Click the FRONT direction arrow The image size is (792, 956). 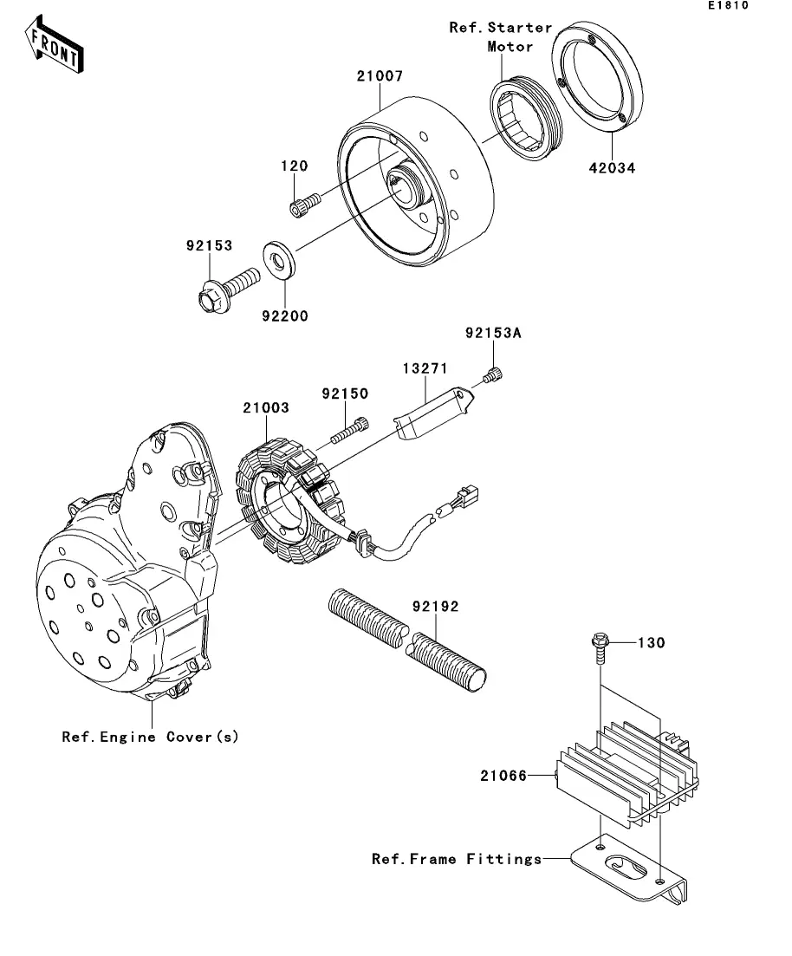pos(54,45)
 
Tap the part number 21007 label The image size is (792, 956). pos(380,76)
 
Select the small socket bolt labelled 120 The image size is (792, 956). pos(304,205)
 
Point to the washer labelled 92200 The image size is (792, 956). pos(279,262)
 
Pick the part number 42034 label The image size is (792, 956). pos(612,168)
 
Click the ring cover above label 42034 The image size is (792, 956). pos(598,77)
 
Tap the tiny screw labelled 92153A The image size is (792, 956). pos(493,376)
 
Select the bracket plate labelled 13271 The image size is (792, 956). pos(433,413)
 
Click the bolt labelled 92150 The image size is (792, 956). pos(350,430)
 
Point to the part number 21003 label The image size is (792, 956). pos(266,408)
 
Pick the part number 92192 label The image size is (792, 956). pos(435,607)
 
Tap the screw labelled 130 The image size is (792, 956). pos(600,649)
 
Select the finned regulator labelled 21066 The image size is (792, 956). pos(628,774)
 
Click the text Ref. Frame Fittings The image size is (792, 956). pos(457,859)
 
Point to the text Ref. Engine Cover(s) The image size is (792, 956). pos(150,737)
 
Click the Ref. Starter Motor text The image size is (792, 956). pos(501,37)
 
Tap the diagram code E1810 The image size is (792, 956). pos(728,5)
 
